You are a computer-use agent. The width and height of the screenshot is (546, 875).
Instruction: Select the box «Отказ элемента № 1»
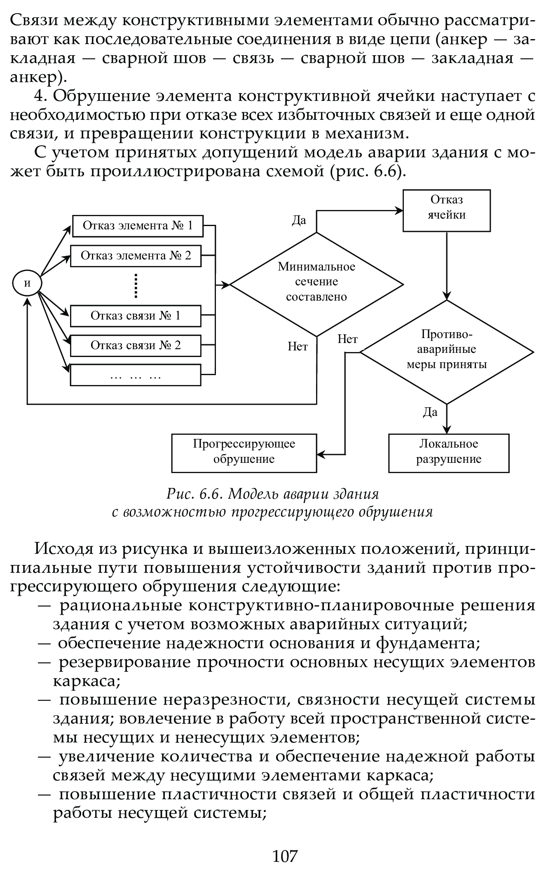(138, 226)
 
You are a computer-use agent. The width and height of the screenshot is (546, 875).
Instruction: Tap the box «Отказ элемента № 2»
(136, 256)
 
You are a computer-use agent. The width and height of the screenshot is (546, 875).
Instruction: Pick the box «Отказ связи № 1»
(136, 316)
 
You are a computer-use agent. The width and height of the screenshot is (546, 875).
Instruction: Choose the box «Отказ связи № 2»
(136, 345)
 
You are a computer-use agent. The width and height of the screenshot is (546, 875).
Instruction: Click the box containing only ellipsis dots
(136, 375)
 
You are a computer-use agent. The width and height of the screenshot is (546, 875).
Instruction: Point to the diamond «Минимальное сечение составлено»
(316, 284)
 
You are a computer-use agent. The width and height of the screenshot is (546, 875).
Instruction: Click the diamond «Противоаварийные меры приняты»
(447, 352)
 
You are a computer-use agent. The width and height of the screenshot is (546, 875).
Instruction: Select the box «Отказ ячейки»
(447, 210)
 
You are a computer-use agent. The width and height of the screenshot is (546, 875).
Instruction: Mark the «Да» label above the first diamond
(299, 221)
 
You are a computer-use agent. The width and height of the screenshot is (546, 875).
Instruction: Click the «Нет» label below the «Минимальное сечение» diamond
(298, 347)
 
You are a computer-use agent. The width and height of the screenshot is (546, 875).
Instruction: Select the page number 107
(285, 856)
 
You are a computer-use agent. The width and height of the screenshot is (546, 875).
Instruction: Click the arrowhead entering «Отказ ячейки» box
(399, 211)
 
